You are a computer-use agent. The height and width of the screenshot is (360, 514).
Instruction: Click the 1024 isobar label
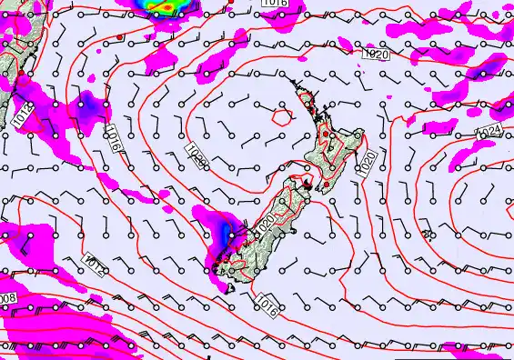[x=489, y=134]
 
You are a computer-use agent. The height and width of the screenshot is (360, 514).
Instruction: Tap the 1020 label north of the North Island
[x=375, y=55]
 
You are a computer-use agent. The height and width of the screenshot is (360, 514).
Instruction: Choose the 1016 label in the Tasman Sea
[x=113, y=139]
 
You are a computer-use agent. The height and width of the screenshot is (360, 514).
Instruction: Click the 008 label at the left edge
[x=7, y=298]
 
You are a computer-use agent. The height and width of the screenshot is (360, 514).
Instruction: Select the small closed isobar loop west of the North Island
[x=282, y=115]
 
